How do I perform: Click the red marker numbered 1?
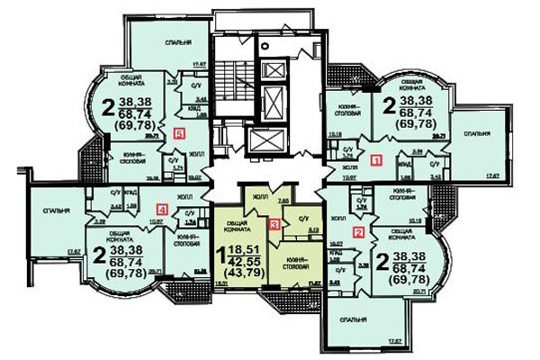pyautogui.click(x=377, y=160)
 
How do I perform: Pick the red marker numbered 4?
pyautogui.click(x=162, y=210)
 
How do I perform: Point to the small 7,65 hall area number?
pyautogui.click(x=282, y=200)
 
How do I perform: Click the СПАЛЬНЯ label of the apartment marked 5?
pyautogui.click(x=163, y=41)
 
